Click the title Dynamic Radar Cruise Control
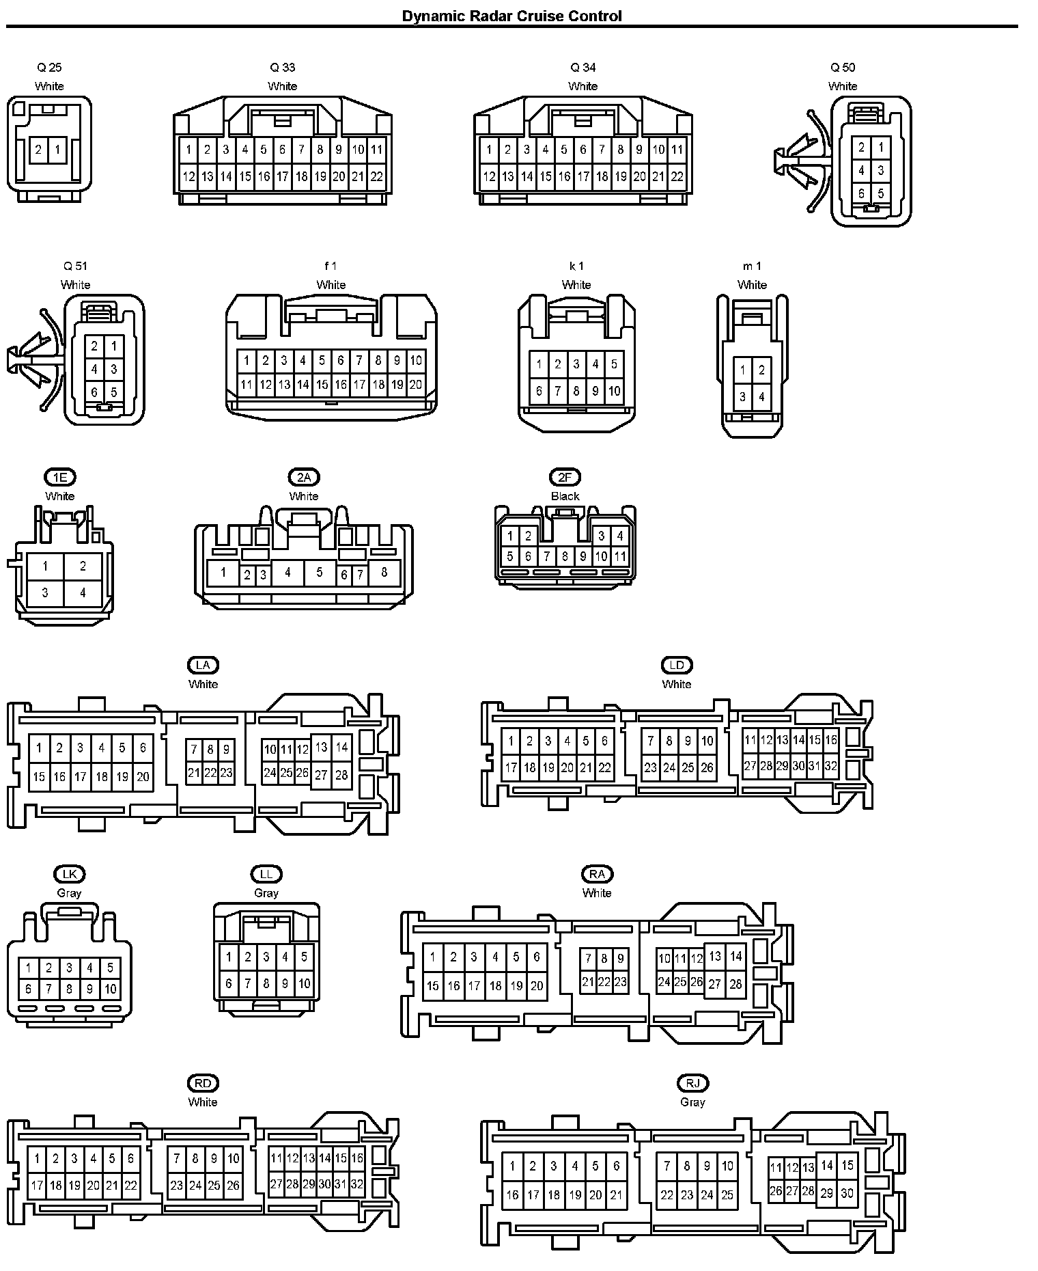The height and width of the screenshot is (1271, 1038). pyautogui.click(x=511, y=16)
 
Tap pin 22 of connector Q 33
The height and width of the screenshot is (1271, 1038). pyautogui.click(x=376, y=176)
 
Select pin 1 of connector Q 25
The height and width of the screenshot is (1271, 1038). pyautogui.click(x=57, y=150)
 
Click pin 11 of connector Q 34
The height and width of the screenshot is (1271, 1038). pyautogui.click(x=677, y=150)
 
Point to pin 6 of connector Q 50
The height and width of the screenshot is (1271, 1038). pyautogui.click(x=862, y=193)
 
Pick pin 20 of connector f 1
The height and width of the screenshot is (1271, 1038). pyautogui.click(x=416, y=385)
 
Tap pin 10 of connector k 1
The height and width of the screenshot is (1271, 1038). pyautogui.click(x=614, y=391)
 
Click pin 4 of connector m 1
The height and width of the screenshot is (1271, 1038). pyautogui.click(x=761, y=396)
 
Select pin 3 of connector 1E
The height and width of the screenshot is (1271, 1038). pyautogui.click(x=45, y=592)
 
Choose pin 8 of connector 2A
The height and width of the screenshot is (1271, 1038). pyautogui.click(x=384, y=573)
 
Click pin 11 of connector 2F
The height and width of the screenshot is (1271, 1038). pyautogui.click(x=619, y=556)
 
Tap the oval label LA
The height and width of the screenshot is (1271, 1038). pyautogui.click(x=203, y=665)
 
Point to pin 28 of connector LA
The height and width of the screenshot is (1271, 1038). pyautogui.click(x=341, y=775)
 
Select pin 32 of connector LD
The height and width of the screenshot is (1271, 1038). pyautogui.click(x=830, y=766)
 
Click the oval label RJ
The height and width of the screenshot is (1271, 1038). pyautogui.click(x=692, y=1083)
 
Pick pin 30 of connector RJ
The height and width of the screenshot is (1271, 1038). pyautogui.click(x=847, y=1193)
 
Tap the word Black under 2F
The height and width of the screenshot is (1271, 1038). pyautogui.click(x=565, y=496)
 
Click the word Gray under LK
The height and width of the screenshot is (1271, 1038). pyautogui.click(x=69, y=893)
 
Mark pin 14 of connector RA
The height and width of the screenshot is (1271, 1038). pyautogui.click(x=735, y=957)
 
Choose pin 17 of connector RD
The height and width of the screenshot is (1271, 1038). pyautogui.click(x=37, y=1186)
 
